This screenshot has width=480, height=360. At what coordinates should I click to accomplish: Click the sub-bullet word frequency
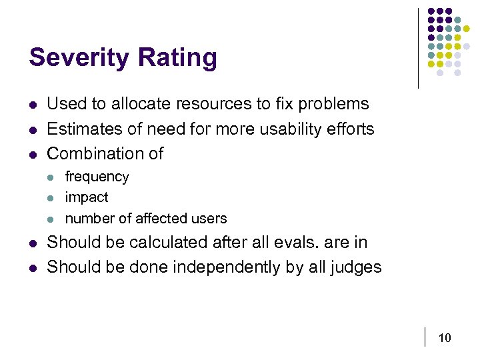97,177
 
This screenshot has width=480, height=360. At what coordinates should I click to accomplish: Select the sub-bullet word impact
87,197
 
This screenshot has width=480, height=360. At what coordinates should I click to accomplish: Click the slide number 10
445,338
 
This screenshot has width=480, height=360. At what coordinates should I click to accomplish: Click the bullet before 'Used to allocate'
33,105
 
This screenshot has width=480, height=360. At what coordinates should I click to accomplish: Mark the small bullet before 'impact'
53,198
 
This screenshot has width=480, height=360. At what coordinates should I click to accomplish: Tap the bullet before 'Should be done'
33,268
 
